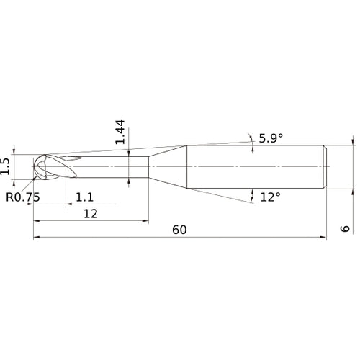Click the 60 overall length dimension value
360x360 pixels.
(179, 230)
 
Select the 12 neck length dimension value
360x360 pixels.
(89, 213)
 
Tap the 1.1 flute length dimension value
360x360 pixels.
(84, 197)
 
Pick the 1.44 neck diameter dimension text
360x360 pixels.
(120, 132)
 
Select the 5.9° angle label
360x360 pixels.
(271, 139)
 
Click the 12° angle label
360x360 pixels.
(269, 196)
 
